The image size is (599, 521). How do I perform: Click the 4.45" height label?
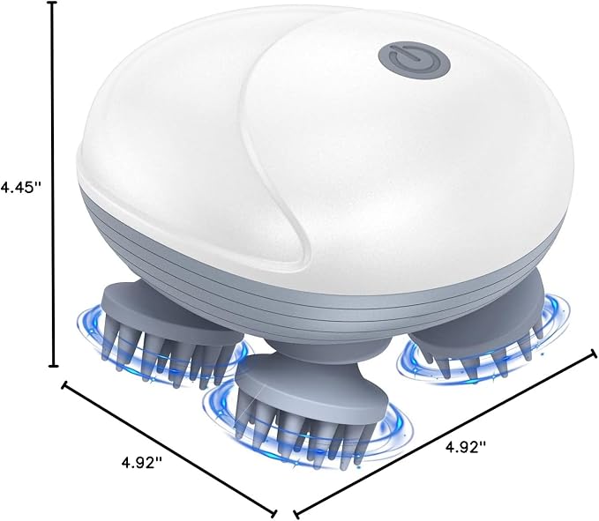pyautogui.click(x=20, y=188)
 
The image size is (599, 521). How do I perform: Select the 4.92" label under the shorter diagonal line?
pyautogui.click(x=142, y=463)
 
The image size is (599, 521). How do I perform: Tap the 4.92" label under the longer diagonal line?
pyautogui.click(x=466, y=447)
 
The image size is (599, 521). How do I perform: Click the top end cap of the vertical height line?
pyautogui.click(x=53, y=3)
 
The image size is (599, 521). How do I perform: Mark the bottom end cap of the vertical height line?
pyautogui.click(x=53, y=366)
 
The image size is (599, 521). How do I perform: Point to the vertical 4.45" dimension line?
pyautogui.click(x=53, y=184)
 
